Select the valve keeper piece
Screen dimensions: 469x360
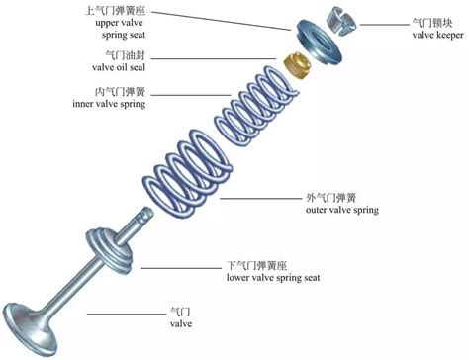(x=341, y=22)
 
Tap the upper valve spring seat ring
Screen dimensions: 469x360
(x=319, y=41)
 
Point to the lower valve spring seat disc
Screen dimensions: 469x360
(x=110, y=250)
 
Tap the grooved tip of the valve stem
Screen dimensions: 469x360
(x=145, y=214)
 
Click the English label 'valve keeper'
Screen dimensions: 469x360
(x=437, y=35)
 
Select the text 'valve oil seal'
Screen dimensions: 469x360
(x=119, y=67)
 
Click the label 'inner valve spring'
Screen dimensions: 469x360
(x=109, y=104)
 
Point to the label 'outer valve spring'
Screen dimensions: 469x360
(x=342, y=210)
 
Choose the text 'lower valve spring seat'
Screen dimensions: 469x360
(x=273, y=278)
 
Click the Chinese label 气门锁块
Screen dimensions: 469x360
(x=432, y=23)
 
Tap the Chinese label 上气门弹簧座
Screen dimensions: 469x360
(x=115, y=11)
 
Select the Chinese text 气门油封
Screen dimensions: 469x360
(x=126, y=55)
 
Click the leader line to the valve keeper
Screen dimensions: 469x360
(x=384, y=25)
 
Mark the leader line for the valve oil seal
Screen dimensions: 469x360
(x=214, y=59)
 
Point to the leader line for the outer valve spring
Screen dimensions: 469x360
(x=261, y=199)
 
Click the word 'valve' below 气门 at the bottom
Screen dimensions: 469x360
(x=181, y=323)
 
